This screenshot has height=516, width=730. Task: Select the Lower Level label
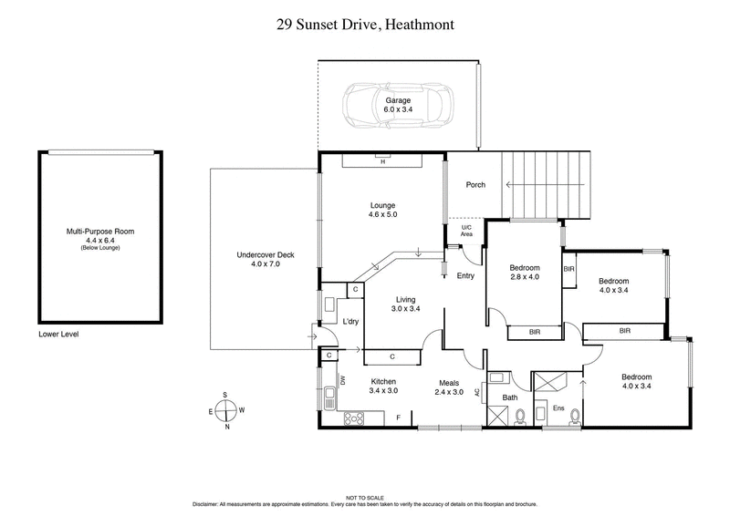pos(59,335)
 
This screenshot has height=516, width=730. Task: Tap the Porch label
pos(475,185)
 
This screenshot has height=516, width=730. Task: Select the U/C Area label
pos(466,231)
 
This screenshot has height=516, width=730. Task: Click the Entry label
pos(464,275)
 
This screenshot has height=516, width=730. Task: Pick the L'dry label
pos(349,321)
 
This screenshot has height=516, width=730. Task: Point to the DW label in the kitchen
pos(343,382)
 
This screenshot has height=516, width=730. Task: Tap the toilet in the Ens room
pos(575,416)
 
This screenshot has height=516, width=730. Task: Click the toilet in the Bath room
pos(519,417)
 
